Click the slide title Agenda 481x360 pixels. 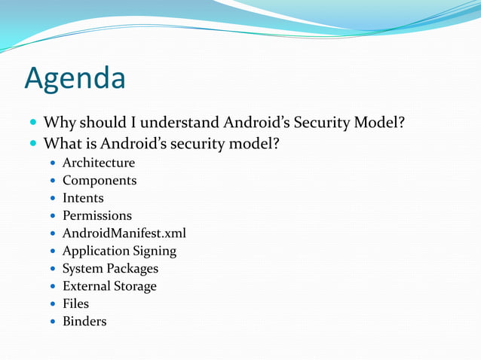75,78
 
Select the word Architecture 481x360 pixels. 98,163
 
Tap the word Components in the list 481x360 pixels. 100,181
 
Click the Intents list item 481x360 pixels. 83,198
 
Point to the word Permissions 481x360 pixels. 97,215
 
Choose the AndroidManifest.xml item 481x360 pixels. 124,233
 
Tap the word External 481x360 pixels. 86,286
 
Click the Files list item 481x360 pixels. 75,304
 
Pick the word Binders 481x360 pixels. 84,322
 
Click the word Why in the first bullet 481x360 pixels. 59,122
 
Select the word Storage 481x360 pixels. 135,286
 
